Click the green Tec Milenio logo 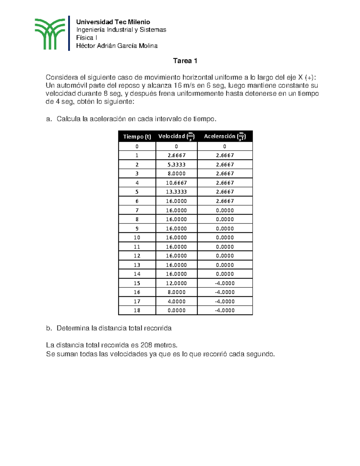tap(49, 34)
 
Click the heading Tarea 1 tap(185, 61)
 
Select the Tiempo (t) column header tap(137, 137)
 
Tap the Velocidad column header tap(176, 137)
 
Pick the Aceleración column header tap(225, 137)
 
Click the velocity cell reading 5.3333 tap(176, 164)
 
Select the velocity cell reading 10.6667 tap(176, 183)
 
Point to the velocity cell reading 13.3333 tap(176, 192)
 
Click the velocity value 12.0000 tap(176, 283)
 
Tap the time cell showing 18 tap(137, 310)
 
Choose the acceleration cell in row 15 tap(225, 283)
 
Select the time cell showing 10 tap(137, 237)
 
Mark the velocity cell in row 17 tap(176, 301)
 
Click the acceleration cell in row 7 tap(225, 210)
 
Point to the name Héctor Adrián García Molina tap(117, 46)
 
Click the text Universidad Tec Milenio tap(113, 22)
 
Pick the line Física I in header tap(86, 38)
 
